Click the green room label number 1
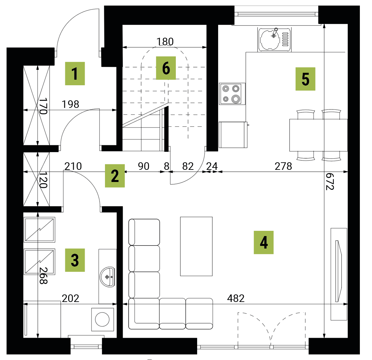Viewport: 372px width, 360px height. click(75, 73)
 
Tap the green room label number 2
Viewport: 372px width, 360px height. click(115, 176)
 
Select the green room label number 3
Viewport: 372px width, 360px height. click(75, 260)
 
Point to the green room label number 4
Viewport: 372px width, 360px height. click(263, 242)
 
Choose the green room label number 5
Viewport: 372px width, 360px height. click(305, 79)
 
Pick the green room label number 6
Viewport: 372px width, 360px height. click(166, 68)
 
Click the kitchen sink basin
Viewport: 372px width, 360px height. click(270, 39)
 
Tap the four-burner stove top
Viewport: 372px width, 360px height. click(232, 94)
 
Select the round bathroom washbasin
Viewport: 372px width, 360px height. click(108, 277)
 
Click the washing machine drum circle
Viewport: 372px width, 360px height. click(102, 319)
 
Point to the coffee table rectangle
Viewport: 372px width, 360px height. click(196, 247)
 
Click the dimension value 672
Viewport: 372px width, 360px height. click(330, 181)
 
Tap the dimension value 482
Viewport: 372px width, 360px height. click(236, 298)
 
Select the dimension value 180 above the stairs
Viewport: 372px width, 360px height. click(165, 42)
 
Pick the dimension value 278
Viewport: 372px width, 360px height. click(283, 166)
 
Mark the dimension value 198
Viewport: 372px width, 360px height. click(71, 104)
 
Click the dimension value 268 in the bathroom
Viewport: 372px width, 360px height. click(43, 275)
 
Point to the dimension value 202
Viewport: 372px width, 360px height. click(71, 298)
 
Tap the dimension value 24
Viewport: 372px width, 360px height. click(212, 166)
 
